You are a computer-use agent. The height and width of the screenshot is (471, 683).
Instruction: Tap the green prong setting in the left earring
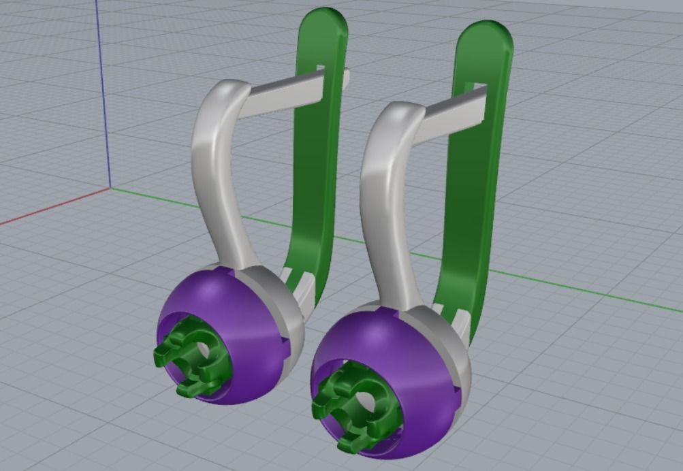(187, 354)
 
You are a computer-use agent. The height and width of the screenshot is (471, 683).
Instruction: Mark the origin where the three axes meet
(110, 187)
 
